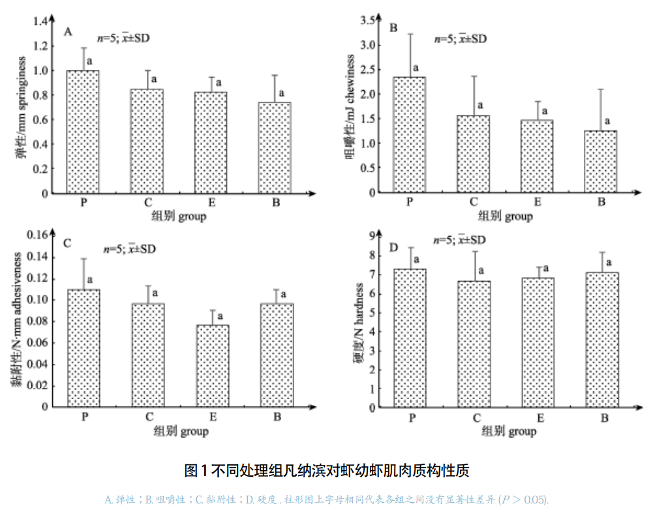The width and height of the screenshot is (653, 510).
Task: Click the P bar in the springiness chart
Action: tap(84, 132)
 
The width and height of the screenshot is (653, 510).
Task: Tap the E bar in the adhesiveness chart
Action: tap(213, 366)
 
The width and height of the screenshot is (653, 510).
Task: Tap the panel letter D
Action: tap(393, 247)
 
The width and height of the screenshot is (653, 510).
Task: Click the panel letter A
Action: tap(68, 31)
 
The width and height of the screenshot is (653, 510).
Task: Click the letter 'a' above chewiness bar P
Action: tap(415, 67)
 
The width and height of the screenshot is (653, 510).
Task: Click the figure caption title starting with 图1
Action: tap(326, 470)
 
